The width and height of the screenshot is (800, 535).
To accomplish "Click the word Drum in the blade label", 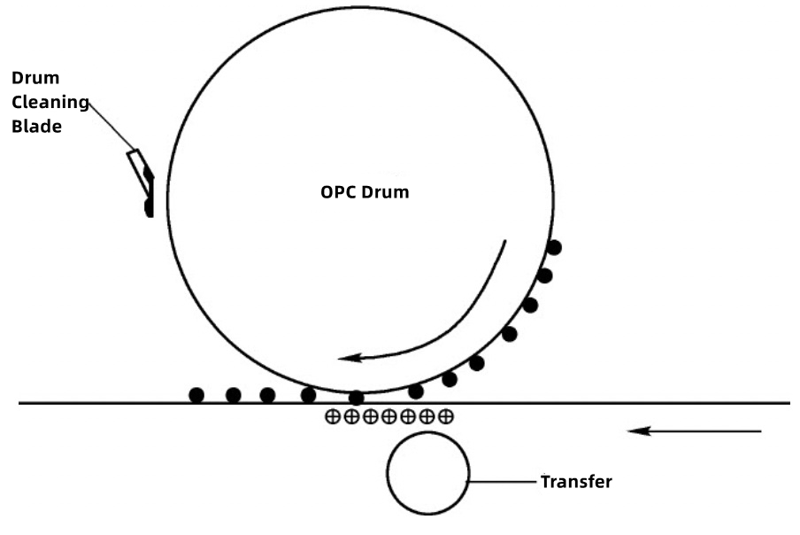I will point(42,79).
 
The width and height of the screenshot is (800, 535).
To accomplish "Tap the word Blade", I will point(42,127).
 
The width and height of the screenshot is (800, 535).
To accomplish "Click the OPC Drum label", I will point(365,191).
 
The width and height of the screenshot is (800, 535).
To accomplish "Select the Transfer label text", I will point(576,483).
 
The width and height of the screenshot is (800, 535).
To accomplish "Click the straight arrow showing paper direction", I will point(695,431).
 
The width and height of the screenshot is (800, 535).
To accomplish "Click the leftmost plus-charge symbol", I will point(332,415).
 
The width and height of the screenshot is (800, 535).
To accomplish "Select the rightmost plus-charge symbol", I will point(446,415).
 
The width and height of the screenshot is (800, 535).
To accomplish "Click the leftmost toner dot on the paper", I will point(196,395).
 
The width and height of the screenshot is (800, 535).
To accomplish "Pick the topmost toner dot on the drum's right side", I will point(554,247).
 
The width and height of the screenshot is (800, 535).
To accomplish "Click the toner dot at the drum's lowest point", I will point(356,398).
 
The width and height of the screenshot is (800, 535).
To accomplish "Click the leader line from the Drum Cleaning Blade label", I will point(111,125).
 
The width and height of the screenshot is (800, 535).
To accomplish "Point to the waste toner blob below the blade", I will point(149,207).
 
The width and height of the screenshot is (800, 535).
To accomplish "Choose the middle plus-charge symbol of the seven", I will point(389,415).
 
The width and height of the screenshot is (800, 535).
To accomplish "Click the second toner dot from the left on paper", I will point(234,395).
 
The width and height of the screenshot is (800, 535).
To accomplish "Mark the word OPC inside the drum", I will point(336,191).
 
